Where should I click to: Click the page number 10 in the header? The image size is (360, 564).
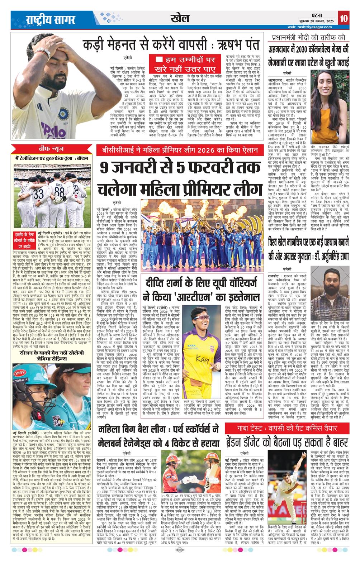click(344, 18)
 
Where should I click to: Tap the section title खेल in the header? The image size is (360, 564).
click(180, 18)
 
